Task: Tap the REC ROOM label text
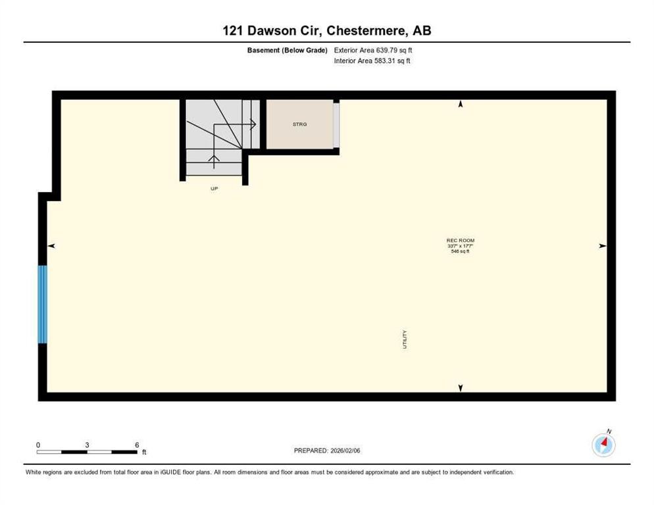(x=460, y=241)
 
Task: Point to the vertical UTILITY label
(x=405, y=339)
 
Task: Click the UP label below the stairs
(x=214, y=189)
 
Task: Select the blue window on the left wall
(x=43, y=304)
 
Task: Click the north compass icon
(x=603, y=445)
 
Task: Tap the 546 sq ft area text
(x=460, y=251)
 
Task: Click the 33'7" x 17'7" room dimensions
(x=460, y=246)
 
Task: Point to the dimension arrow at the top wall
(x=461, y=104)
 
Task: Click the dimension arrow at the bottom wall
(x=461, y=388)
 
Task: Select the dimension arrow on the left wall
(x=51, y=246)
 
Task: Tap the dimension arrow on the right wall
(x=602, y=246)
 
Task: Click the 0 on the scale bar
(x=38, y=445)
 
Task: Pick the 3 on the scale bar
(x=87, y=445)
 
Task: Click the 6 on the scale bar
(x=137, y=445)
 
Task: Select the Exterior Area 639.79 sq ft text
(x=373, y=50)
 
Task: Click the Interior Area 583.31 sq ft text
(x=372, y=61)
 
